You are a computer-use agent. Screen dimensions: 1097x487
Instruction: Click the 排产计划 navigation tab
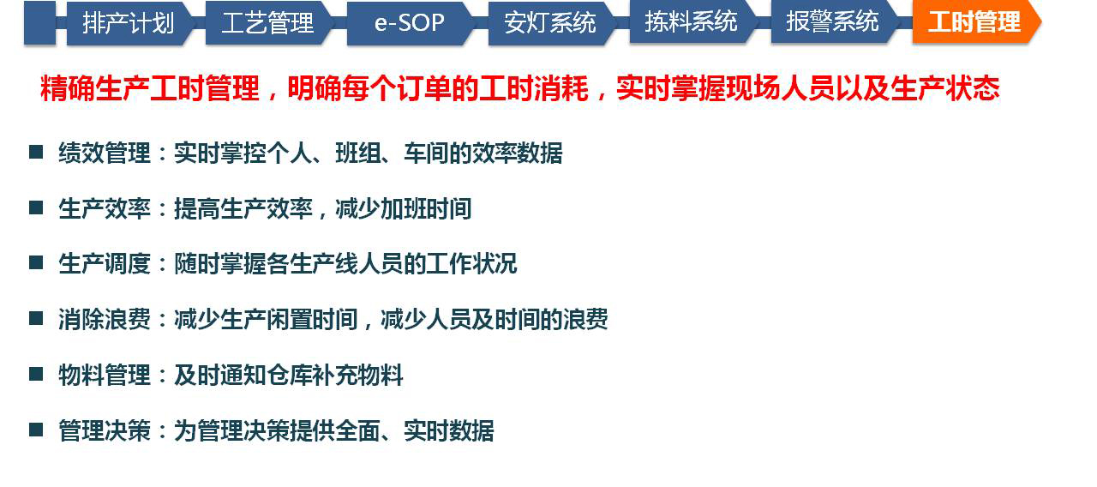(129, 23)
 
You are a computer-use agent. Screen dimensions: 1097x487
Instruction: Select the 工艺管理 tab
(267, 23)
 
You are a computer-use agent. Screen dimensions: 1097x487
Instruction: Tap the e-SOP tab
(409, 23)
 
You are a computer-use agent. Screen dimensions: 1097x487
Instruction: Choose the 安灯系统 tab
(550, 23)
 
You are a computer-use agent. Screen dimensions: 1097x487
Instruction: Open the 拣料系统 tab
(691, 23)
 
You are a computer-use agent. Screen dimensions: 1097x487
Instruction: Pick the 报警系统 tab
(832, 23)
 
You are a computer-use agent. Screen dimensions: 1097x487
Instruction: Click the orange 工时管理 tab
(974, 23)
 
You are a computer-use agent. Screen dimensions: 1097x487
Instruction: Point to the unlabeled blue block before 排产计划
(39, 23)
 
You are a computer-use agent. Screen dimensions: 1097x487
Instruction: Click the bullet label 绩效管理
(105, 153)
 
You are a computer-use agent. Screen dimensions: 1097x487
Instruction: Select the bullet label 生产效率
(105, 208)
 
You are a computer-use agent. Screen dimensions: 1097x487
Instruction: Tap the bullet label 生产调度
(105, 264)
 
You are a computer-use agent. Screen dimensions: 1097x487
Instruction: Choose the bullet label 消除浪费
(105, 320)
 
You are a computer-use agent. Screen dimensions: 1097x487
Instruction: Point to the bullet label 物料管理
(105, 376)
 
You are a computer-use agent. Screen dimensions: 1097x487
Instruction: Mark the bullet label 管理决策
(105, 431)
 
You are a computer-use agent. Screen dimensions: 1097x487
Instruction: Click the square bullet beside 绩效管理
(36, 152)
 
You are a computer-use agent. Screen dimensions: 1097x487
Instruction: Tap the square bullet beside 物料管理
(36, 375)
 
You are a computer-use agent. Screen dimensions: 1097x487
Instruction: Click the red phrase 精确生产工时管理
(150, 88)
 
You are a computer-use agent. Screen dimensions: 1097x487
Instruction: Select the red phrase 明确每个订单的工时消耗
(438, 88)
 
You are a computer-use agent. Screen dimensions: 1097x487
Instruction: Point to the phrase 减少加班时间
(404, 208)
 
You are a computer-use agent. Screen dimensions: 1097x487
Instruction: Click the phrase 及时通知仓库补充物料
(289, 376)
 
